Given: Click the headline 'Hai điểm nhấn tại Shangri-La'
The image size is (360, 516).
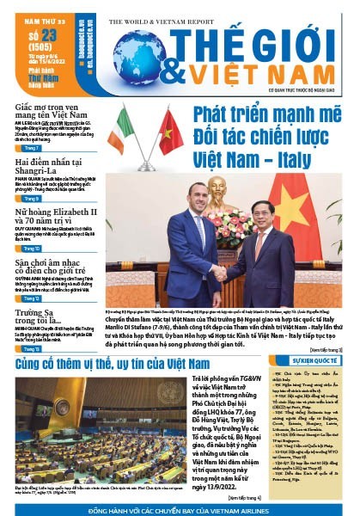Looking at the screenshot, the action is (48, 168).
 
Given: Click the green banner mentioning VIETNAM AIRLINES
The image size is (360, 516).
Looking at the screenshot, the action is (180, 508).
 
